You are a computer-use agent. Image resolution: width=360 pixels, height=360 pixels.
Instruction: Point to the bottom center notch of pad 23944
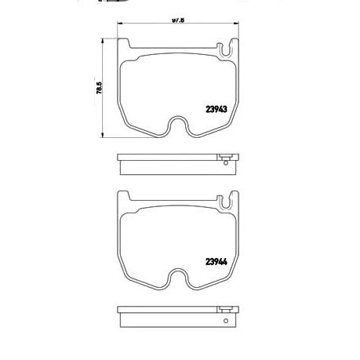click(180, 277)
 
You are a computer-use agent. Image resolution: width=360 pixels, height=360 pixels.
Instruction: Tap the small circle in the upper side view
click(225, 163)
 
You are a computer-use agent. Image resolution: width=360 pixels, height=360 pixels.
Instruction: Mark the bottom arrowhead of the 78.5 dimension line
click(105, 140)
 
